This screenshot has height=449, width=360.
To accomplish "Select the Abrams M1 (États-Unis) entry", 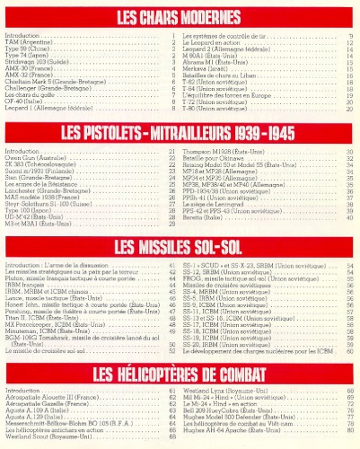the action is click(x=215, y=62).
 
